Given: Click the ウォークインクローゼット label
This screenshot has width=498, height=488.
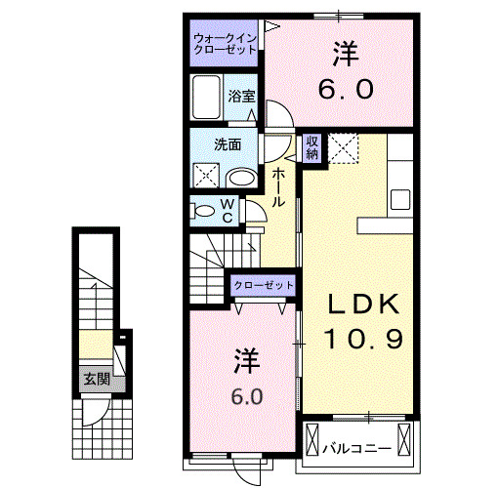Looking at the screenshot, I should point(225,43).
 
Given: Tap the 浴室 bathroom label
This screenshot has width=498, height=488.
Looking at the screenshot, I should point(241,96).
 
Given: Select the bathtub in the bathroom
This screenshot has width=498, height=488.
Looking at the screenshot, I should point(208,99).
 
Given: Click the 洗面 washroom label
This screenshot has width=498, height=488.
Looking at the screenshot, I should point(228,145).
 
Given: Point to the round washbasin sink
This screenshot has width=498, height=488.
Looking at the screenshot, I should point(242,178).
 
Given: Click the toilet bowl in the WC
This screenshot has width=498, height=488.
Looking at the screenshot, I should point(202,210).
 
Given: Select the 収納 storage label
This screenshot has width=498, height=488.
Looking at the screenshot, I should point(312,147).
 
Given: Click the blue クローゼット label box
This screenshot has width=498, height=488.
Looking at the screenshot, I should point(263,284).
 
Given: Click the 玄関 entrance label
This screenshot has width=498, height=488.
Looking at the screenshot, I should point(95,379).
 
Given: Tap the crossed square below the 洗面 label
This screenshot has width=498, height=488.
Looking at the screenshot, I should point(207,177).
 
